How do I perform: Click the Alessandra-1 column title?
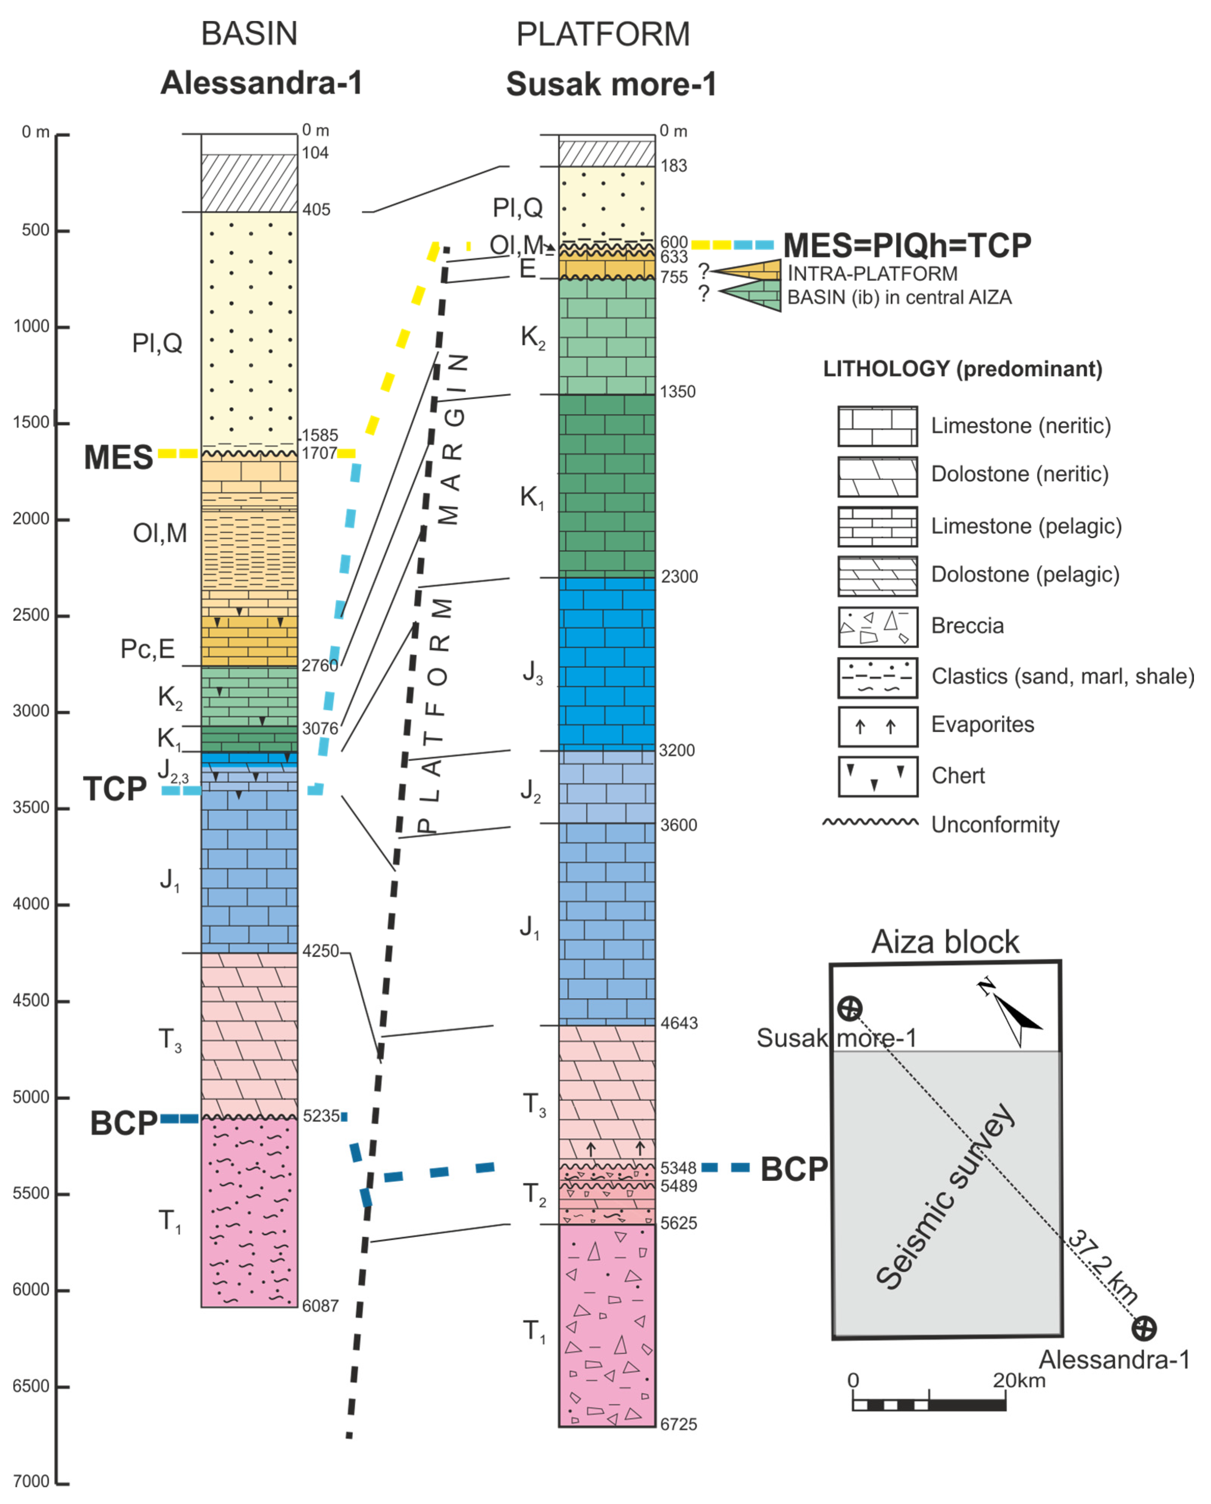pyautogui.click(x=262, y=83)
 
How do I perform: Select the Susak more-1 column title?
pyautogui.click(x=611, y=84)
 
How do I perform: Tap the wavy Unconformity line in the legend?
pyautogui.click(x=870, y=822)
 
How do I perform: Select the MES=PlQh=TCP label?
pyautogui.click(x=907, y=245)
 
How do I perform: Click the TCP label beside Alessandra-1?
pyautogui.click(x=115, y=789)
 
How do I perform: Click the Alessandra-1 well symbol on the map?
pyautogui.click(x=1143, y=1328)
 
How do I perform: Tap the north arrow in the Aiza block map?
pyautogui.click(x=1013, y=1015)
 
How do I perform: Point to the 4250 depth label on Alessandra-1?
pyautogui.click(x=320, y=951)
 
